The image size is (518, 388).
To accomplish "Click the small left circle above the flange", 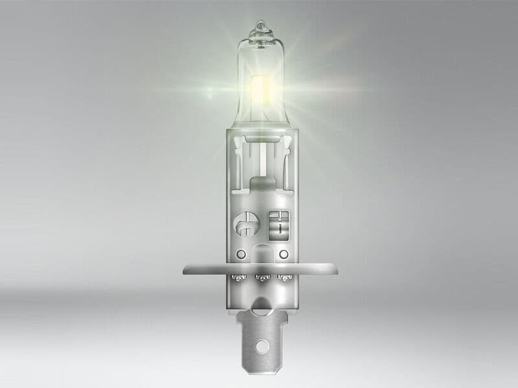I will (241, 253).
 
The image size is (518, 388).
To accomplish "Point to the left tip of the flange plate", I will (186, 269).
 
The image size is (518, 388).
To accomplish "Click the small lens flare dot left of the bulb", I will (210, 95).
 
